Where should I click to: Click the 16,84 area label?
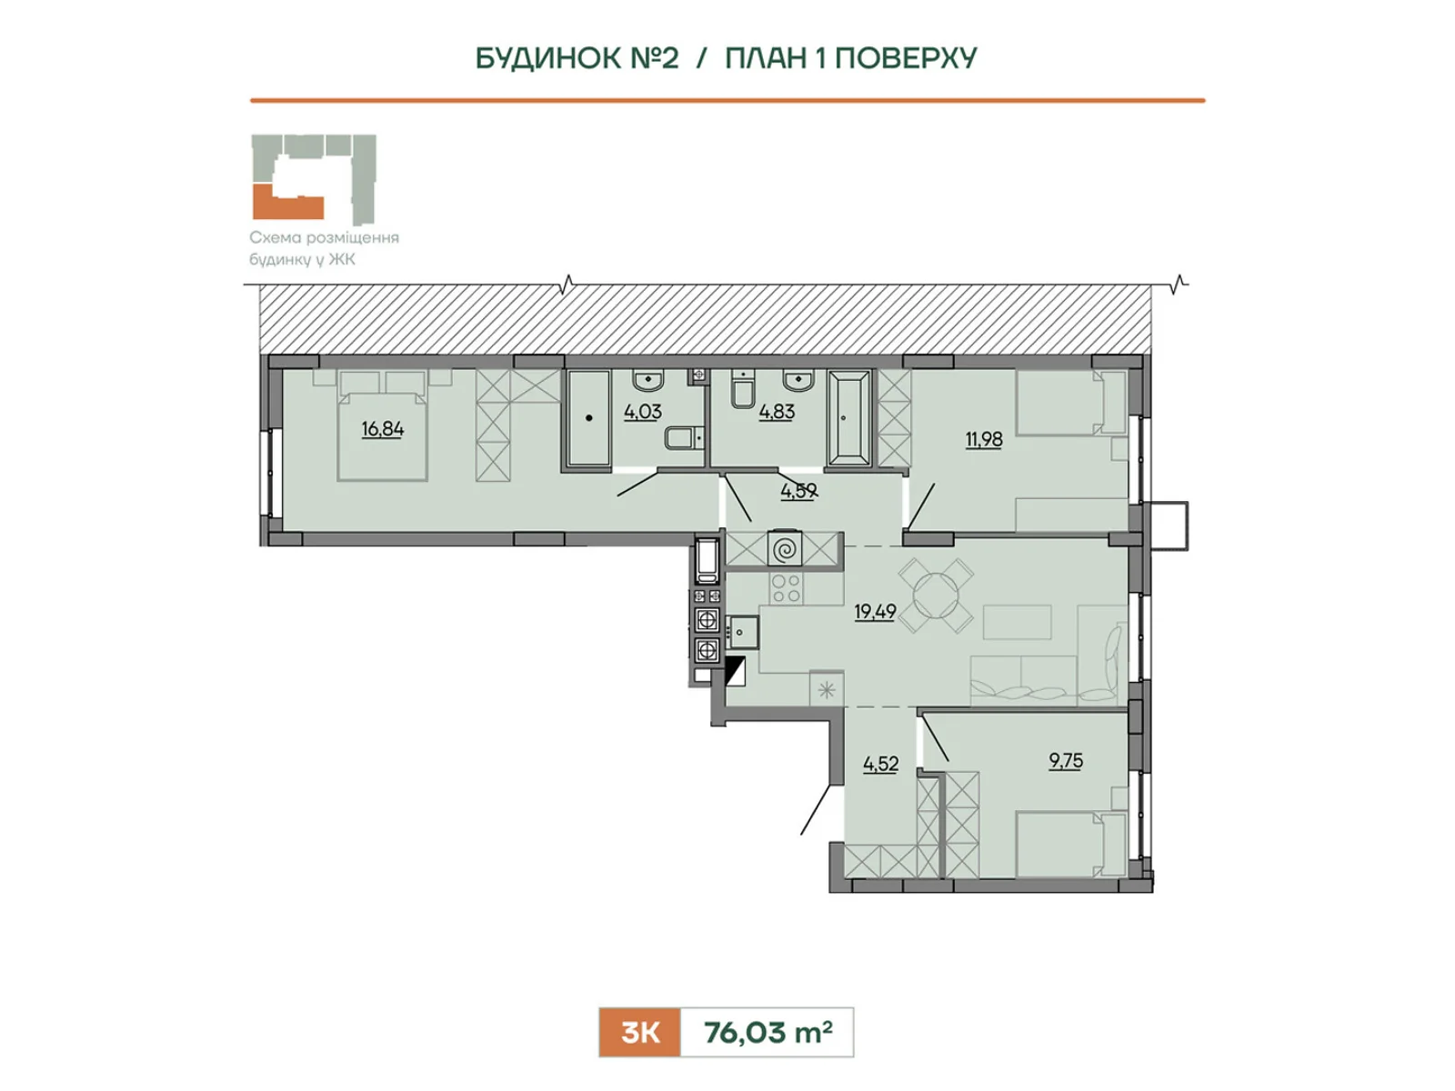(x=383, y=429)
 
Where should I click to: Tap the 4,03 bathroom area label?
(x=642, y=411)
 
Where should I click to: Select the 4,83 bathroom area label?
(x=777, y=411)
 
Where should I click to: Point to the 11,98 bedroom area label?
(x=984, y=439)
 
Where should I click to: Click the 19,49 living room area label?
(x=875, y=611)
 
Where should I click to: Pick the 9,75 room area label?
(x=1065, y=760)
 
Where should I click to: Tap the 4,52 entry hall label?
(x=880, y=764)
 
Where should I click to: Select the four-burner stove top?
(x=786, y=588)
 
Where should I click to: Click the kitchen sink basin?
(x=742, y=632)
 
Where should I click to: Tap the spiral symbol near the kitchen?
(x=785, y=548)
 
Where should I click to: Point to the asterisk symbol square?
(x=827, y=689)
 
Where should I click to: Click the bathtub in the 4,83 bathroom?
(x=849, y=418)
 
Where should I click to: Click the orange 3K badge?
(x=639, y=1032)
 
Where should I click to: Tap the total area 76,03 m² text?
(x=768, y=1032)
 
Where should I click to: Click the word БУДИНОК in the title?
(x=547, y=58)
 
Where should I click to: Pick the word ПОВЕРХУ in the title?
(x=906, y=58)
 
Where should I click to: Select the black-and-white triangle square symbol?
(x=736, y=670)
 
